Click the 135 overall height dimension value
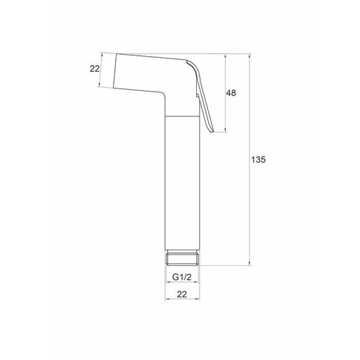pos(258,160)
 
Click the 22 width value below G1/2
pos(183,295)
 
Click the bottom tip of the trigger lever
pos(212,131)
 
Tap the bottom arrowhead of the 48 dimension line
pos(225,130)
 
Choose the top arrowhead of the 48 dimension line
pos(225,54)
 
